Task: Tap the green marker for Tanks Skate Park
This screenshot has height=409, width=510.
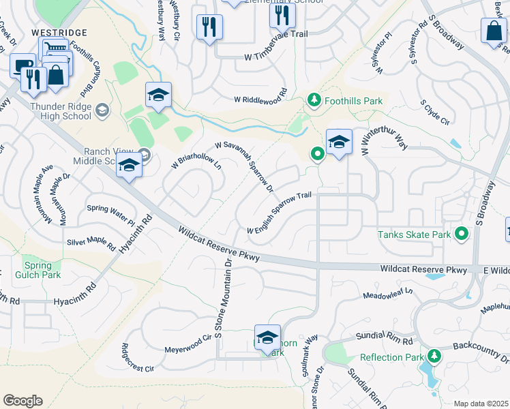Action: click(462, 234)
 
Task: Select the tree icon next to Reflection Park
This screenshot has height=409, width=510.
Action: click(434, 356)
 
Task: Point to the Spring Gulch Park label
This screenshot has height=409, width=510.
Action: click(42, 270)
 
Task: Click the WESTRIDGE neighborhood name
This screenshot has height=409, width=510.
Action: click(59, 33)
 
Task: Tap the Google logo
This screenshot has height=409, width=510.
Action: click(22, 400)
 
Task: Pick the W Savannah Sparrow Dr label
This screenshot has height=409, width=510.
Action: click(244, 167)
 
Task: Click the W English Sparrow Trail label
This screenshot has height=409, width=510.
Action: click(279, 213)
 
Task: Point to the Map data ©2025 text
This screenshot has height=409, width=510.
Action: click(480, 404)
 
